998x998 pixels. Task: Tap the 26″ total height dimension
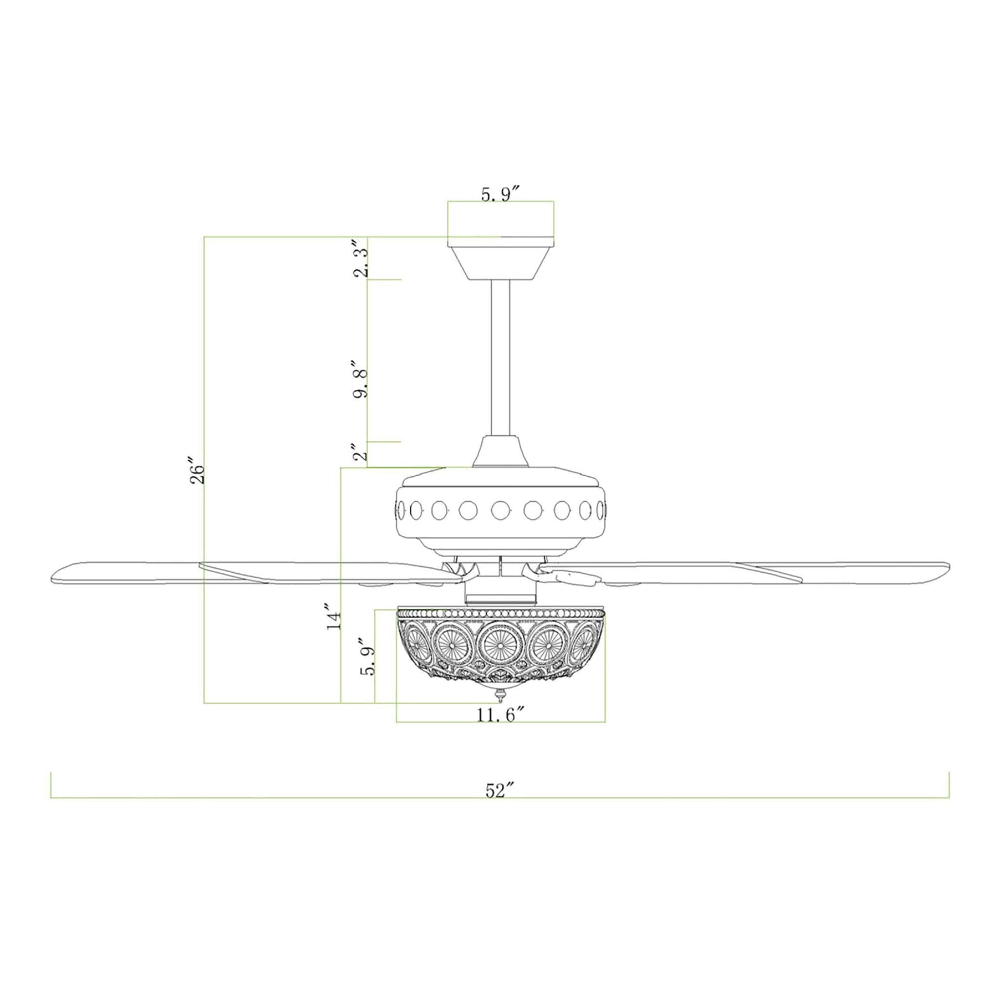click(x=197, y=471)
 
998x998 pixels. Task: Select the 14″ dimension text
click(x=333, y=616)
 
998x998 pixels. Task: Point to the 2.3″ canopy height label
click(x=362, y=259)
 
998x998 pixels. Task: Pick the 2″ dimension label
click(x=361, y=452)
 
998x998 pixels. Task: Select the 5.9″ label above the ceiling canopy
click(x=500, y=195)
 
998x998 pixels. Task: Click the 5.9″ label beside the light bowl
click(x=369, y=660)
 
